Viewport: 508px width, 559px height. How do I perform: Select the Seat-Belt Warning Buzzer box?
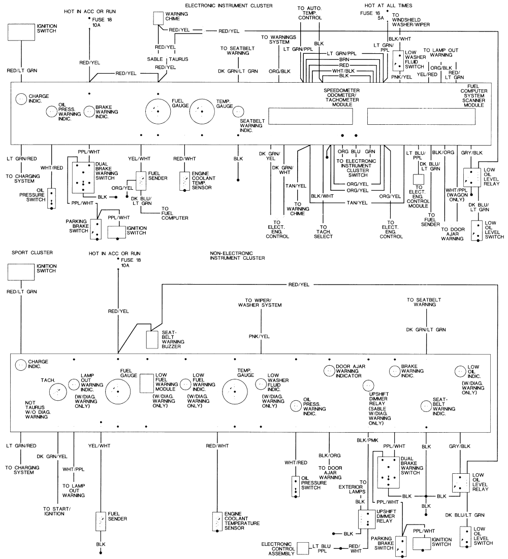[x=152, y=339]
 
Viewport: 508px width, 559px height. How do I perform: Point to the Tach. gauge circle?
[x=58, y=391]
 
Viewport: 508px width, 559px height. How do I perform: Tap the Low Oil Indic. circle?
[x=460, y=370]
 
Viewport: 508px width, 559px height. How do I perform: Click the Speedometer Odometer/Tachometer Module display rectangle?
[x=310, y=117]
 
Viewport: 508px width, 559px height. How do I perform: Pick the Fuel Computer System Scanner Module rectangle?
[x=421, y=117]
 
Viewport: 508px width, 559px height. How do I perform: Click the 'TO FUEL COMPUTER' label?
[x=175, y=214]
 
